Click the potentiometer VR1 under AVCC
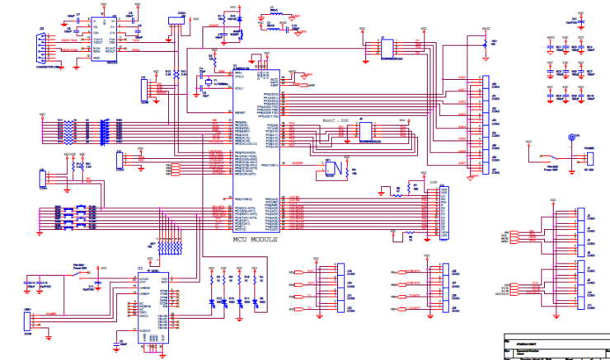[484, 43]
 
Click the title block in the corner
[556, 346]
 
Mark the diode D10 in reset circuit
[211, 58]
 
